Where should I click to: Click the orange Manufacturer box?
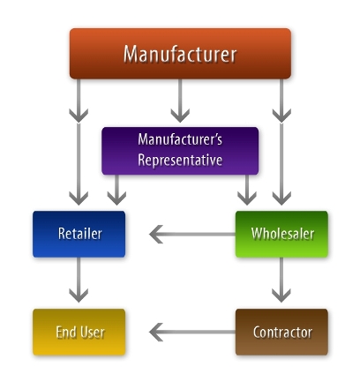click(x=180, y=53)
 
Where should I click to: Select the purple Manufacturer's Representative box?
click(x=180, y=150)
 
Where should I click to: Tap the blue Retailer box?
click(x=79, y=234)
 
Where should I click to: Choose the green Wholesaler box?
click(x=281, y=234)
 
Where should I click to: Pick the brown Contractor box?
click(x=281, y=332)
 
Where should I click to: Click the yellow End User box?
click(x=79, y=332)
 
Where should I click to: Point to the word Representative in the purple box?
click(x=180, y=161)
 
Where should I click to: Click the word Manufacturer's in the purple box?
click(x=180, y=139)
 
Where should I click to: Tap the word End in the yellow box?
click(x=67, y=333)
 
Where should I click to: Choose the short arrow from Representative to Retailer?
click(x=116, y=189)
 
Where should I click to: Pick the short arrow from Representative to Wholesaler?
click(x=248, y=189)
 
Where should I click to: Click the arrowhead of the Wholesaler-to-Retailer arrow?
click(x=158, y=234)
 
